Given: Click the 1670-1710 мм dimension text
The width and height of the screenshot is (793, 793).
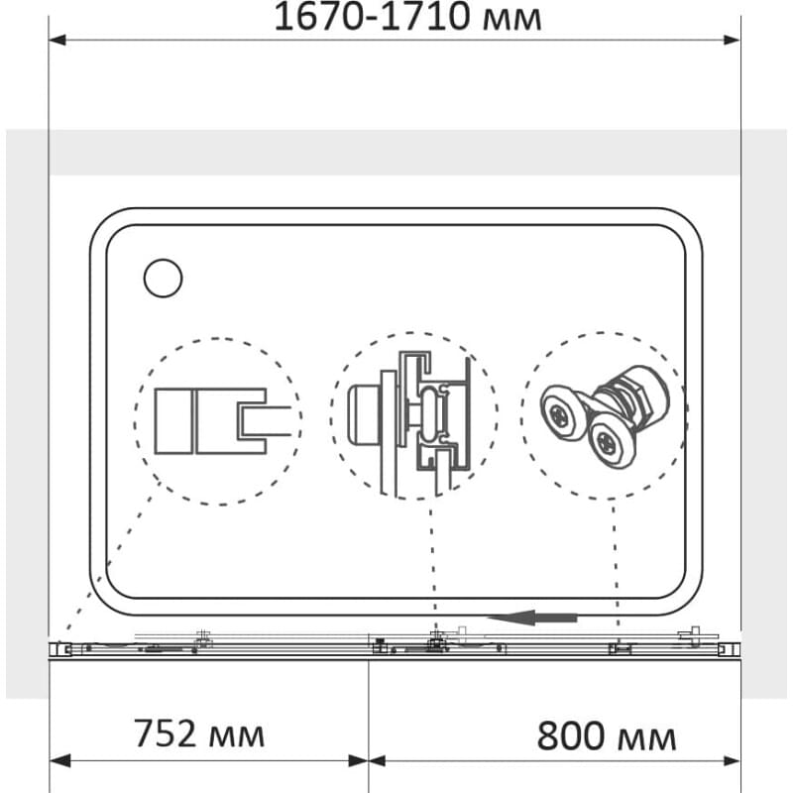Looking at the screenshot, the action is click(x=407, y=17).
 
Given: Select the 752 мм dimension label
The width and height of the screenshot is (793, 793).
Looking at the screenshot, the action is click(x=199, y=734).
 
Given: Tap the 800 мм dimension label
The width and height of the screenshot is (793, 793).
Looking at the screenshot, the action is click(x=606, y=736).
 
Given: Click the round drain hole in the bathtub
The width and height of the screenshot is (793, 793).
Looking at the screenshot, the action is click(x=163, y=279).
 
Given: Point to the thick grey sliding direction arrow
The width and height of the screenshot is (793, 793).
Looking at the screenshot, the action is click(x=532, y=618).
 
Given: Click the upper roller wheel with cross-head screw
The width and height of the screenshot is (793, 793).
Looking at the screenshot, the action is click(x=561, y=415).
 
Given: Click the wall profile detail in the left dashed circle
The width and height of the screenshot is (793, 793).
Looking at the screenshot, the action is click(x=223, y=420).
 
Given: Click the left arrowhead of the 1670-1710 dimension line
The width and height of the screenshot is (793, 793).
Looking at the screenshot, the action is click(x=57, y=40).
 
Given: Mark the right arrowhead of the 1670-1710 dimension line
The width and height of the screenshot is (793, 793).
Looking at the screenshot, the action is click(x=732, y=40).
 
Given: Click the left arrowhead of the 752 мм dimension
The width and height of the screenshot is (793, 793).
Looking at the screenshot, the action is click(x=60, y=760).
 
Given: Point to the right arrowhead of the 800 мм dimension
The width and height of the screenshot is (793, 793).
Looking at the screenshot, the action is click(x=731, y=760).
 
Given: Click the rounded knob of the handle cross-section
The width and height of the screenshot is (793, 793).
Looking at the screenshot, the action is click(x=363, y=414).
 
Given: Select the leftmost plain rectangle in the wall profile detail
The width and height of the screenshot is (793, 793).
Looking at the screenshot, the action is click(x=173, y=420).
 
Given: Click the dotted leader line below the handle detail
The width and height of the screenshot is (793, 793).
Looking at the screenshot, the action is click(x=433, y=566).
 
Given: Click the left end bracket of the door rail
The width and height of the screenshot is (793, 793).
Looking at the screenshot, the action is click(x=60, y=649).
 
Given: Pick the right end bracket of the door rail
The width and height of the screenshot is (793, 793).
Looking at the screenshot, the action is click(x=729, y=649).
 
